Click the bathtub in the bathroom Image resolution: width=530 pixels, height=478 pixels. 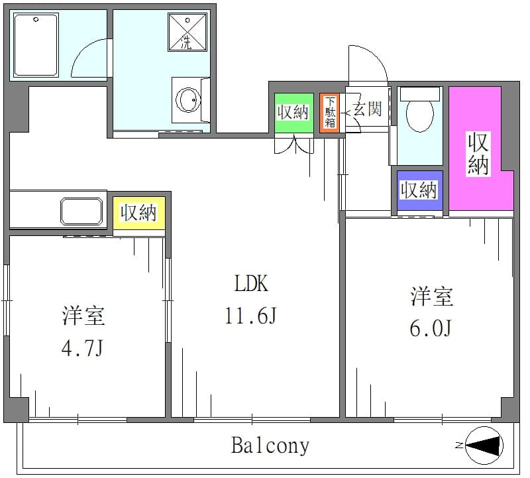coord(36,44)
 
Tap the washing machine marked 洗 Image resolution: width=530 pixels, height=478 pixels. coord(187,32)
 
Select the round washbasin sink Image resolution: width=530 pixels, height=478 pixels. coord(187,100)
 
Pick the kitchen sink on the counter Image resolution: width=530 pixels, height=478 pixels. coord(81,211)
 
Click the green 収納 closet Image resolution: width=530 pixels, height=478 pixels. coord(293,113)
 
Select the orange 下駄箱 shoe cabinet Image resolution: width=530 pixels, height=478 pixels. coord(329,113)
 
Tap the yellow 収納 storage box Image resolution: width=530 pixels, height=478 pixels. coord(139,213)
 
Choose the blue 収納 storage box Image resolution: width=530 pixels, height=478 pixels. coord(419,190)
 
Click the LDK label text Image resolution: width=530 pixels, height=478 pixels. coord(252,284)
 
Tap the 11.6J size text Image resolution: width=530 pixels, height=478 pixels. coord(251,316)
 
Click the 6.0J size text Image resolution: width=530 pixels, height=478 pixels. coord(431,328)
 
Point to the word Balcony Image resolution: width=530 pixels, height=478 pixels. coord(270,446)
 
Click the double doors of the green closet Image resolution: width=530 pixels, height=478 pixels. coord(294,145)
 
